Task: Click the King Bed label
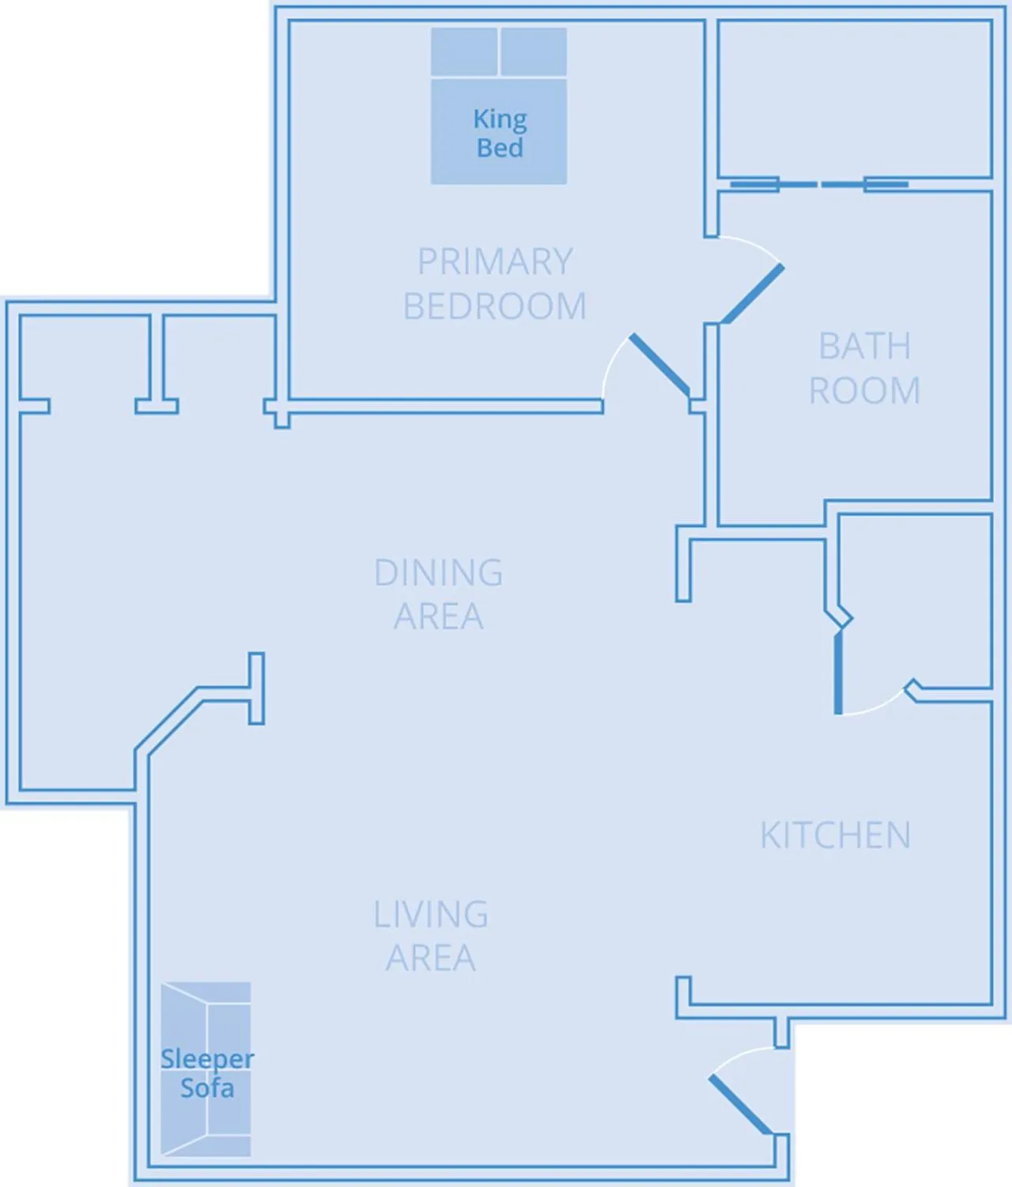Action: pos(500,133)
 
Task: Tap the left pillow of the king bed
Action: pos(464,52)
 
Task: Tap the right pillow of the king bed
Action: pos(534,52)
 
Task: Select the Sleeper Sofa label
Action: pos(207,1073)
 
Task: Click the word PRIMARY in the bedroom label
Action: pos(495,262)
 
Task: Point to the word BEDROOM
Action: pos(495,307)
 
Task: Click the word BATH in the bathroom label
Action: pos(864,346)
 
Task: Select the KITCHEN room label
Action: pos(835,835)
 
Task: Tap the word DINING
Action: pos(439,573)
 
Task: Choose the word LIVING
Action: pos(431,914)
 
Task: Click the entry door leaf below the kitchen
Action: pos(741,1104)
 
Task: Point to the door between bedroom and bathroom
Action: pos(752,294)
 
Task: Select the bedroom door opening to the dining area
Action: pos(659,364)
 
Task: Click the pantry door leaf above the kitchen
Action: pos(838,672)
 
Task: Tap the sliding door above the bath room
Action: pos(819,185)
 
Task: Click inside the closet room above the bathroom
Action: pos(854,99)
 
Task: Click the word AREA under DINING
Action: pos(439,616)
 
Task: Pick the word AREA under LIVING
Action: pos(431,958)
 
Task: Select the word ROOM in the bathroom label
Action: pos(864,391)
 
